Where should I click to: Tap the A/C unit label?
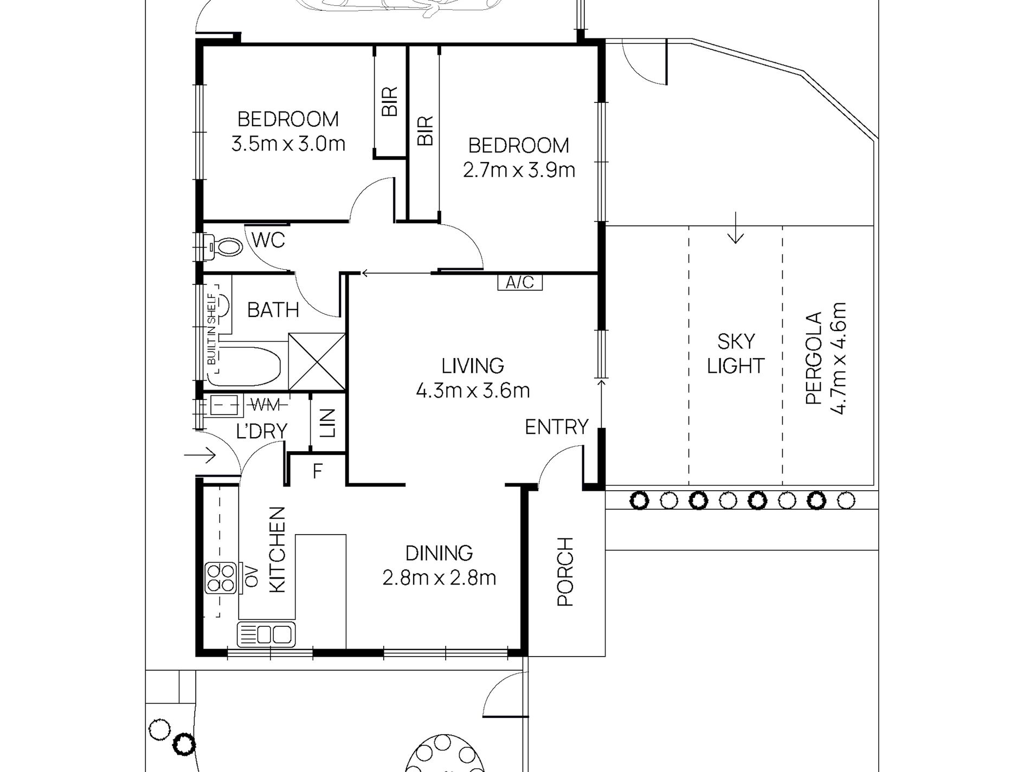520,282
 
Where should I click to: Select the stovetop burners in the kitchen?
220,578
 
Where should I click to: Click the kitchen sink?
266,634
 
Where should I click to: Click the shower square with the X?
317,362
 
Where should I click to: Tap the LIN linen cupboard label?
328,423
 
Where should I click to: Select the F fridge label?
318,471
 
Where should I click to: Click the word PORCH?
565,572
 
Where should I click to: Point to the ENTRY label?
556,427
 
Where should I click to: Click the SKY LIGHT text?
736,353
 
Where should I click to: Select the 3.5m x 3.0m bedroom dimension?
288,144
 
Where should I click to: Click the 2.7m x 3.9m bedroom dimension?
519,170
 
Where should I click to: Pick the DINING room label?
439,553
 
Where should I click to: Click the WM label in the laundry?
265,404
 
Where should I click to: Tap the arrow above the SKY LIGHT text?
736,228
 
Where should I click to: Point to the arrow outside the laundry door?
200,455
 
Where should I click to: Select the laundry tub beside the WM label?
224,405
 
